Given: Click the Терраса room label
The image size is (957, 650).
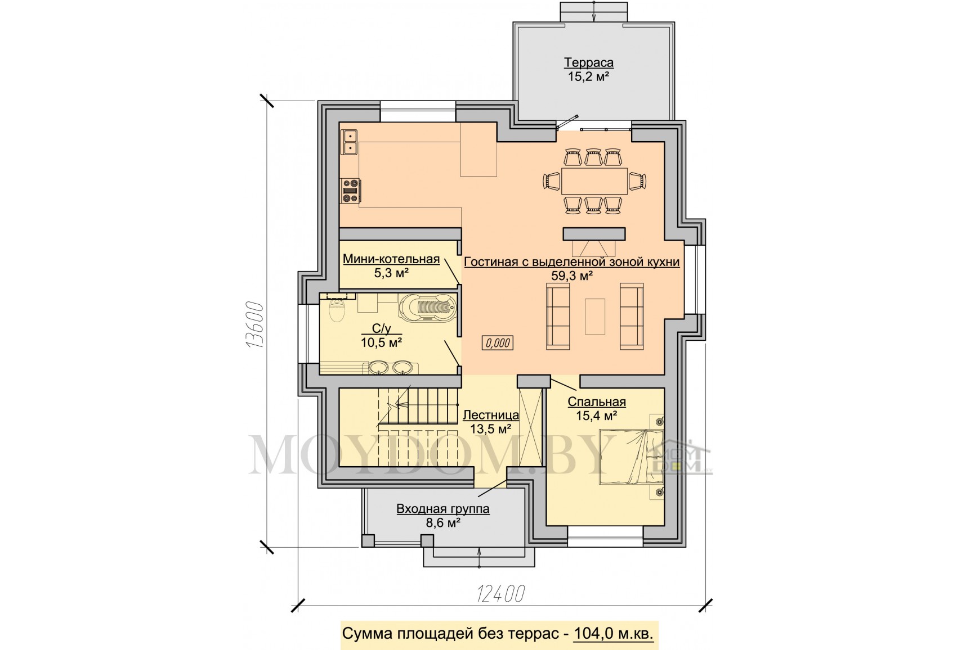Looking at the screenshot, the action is [x=589, y=62].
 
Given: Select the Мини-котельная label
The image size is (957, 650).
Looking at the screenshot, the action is [x=391, y=259].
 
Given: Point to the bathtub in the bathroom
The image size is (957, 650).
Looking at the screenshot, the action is [x=427, y=306].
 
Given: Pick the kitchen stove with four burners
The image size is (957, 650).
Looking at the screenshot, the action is [x=351, y=191].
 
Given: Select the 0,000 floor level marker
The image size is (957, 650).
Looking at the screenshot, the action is [x=498, y=342].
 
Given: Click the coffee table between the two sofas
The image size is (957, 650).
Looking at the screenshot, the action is [x=595, y=317].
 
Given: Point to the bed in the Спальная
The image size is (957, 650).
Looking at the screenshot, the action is [x=632, y=457].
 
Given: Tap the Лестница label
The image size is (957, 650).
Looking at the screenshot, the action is [x=491, y=415].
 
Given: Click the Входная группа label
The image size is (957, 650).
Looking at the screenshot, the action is [x=443, y=509].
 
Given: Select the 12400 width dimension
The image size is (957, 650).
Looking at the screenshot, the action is [x=500, y=594].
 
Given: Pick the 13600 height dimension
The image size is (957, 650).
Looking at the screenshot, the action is [x=254, y=325].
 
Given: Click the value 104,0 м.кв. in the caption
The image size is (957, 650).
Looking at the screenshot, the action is [x=614, y=633].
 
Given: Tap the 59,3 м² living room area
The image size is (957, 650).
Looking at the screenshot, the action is [x=571, y=276].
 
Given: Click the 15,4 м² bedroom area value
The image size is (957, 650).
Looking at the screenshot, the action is [x=596, y=416].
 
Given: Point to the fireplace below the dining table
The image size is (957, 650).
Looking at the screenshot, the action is [x=594, y=242].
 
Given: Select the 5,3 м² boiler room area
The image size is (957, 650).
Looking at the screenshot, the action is [x=391, y=273].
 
